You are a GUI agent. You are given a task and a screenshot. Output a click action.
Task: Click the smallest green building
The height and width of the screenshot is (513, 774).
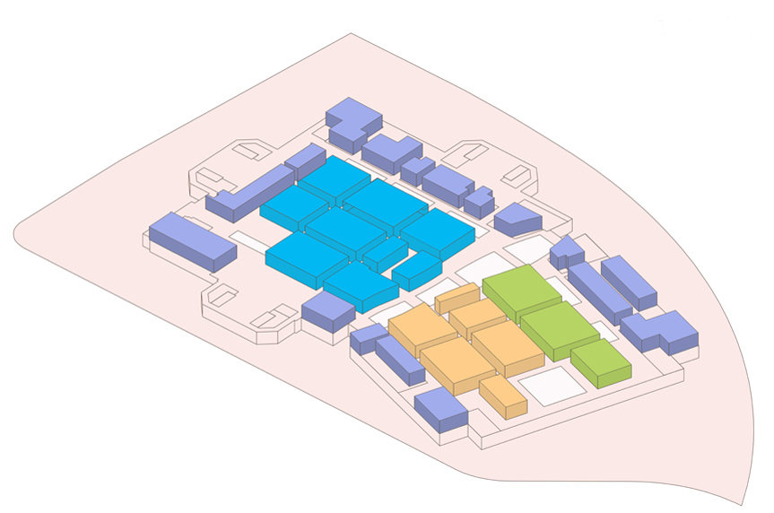tap(599, 361)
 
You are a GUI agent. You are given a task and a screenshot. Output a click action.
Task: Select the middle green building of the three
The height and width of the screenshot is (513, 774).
tap(559, 327)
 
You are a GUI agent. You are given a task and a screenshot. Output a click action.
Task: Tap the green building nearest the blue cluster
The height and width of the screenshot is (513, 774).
tap(522, 289)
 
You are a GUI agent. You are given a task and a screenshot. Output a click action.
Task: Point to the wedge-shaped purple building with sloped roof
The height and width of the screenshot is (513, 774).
tap(517, 218)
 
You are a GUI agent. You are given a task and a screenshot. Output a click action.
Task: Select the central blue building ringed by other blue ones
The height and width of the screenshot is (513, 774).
tap(344, 230)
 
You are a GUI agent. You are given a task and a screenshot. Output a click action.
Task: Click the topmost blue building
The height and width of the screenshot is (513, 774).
tap(334, 178)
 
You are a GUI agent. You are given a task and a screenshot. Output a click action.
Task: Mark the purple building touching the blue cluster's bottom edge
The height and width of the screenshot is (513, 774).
tap(327, 311)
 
